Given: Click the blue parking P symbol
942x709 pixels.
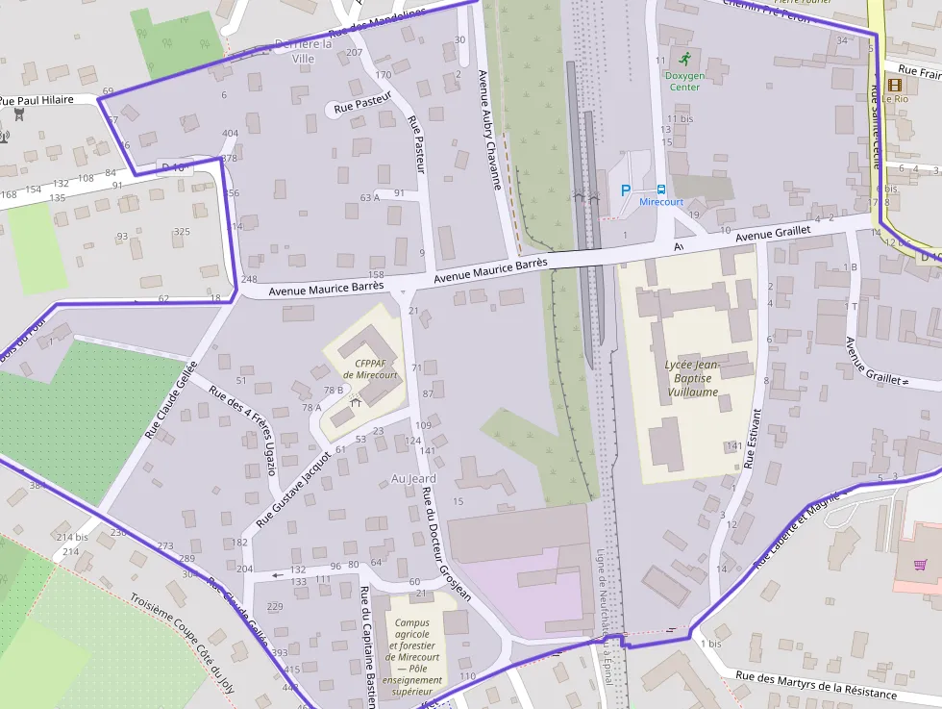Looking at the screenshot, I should [x=626, y=190].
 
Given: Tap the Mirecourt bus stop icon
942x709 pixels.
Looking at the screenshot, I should [x=661, y=190].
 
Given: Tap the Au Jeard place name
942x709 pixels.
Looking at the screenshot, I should [x=414, y=478].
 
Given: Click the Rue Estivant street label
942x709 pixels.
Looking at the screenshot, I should [x=753, y=439].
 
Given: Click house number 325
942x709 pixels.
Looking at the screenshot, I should [x=182, y=232].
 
